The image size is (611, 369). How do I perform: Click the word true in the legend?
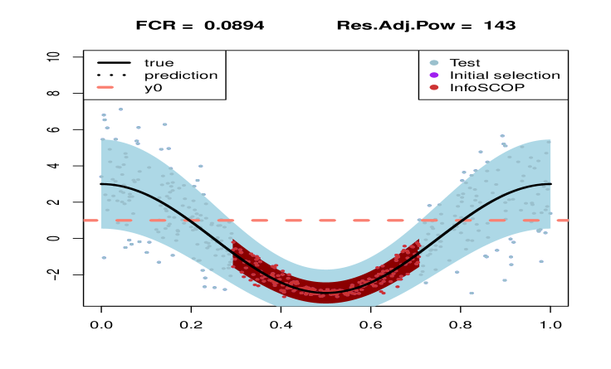click(x=159, y=62)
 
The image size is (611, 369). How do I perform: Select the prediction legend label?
click(x=181, y=75)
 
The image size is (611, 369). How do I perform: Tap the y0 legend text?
click(x=153, y=87)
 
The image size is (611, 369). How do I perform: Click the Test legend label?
click(x=465, y=62)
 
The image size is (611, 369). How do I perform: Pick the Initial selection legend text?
click(x=504, y=75)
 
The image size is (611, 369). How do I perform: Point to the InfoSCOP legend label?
click(x=486, y=87)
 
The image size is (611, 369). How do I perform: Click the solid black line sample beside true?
click(x=114, y=62)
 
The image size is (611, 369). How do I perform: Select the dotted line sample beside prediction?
click(x=114, y=75)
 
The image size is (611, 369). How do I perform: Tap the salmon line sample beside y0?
click(x=114, y=87)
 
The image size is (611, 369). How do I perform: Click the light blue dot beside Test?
click(x=433, y=62)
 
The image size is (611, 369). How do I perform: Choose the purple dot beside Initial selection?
click(x=433, y=75)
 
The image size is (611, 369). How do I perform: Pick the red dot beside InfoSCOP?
click(x=433, y=87)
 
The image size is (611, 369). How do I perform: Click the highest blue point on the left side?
click(x=120, y=109)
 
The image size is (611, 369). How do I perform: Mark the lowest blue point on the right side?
click(x=471, y=293)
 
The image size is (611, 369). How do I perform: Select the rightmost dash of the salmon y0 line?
click(x=563, y=221)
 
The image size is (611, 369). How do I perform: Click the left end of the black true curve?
click(x=101, y=184)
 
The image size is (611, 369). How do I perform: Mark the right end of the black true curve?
click(x=551, y=184)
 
